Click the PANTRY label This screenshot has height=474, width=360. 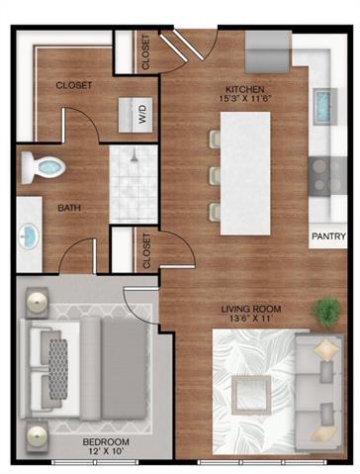[x=327, y=237]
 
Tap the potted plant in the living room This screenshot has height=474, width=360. [x=324, y=312]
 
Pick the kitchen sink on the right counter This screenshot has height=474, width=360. [x=322, y=102]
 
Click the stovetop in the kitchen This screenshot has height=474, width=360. [x=324, y=174]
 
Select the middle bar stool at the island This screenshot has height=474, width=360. [x=214, y=176]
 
